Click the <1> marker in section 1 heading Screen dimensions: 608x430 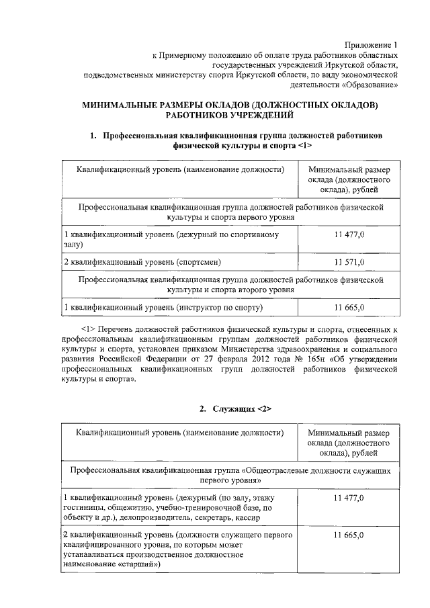point(304,145)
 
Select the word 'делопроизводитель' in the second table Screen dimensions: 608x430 point(165,519)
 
